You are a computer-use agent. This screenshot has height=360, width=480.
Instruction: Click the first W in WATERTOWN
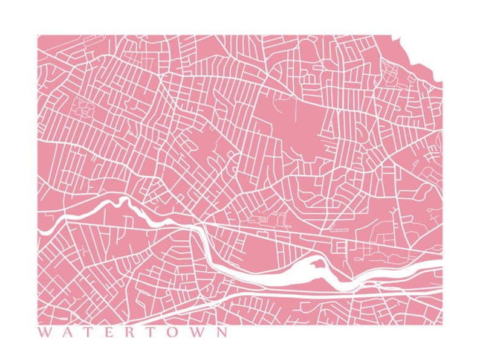(x=44, y=332)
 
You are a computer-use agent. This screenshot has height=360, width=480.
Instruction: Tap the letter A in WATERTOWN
(x=67, y=332)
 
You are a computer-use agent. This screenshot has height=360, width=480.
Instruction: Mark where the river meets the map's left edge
(x=39, y=230)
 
